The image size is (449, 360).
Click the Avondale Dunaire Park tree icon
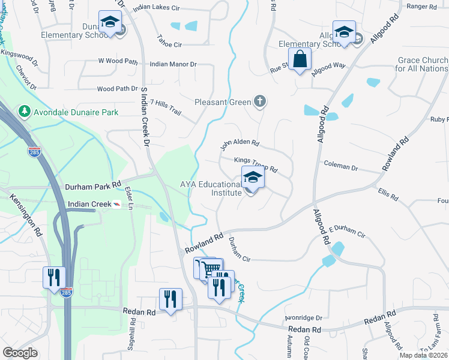(x=25, y=112)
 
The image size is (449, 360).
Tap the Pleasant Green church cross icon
(x=260, y=101)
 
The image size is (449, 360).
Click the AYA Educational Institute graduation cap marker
(x=253, y=178)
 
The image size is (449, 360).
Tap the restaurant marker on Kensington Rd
(x=53, y=278)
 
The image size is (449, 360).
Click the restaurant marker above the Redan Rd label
(x=170, y=299)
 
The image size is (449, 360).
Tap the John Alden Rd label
(x=239, y=144)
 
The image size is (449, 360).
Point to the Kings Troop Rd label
(x=256, y=164)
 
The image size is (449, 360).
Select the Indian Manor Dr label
(x=173, y=64)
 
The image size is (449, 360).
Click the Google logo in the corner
(x=20, y=353)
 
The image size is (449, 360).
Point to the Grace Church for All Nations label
(x=421, y=64)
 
